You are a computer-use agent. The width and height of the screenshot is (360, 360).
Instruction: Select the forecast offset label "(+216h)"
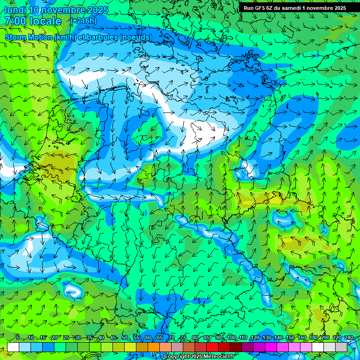click(x=83, y=21)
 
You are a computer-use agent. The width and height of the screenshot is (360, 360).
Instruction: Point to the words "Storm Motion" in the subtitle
click(x=29, y=37)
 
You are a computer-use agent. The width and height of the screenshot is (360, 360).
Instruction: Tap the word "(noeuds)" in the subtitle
click(x=136, y=37)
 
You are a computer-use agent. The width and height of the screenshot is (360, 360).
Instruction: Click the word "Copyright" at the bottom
click(x=177, y=357)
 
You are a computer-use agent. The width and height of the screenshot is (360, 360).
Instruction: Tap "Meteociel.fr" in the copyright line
click(x=218, y=357)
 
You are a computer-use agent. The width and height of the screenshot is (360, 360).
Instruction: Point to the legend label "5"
click(x=17, y=338)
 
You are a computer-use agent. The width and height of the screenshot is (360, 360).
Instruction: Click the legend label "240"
click(x=349, y=338)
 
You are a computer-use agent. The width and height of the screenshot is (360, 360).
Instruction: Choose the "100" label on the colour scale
click(x=231, y=338)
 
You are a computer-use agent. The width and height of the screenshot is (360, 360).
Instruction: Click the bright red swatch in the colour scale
click(x=212, y=347)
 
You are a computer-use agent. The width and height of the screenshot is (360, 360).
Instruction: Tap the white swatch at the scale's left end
click(x=13, y=347)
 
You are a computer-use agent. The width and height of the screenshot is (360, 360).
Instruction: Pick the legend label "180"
click(x=314, y=338)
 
